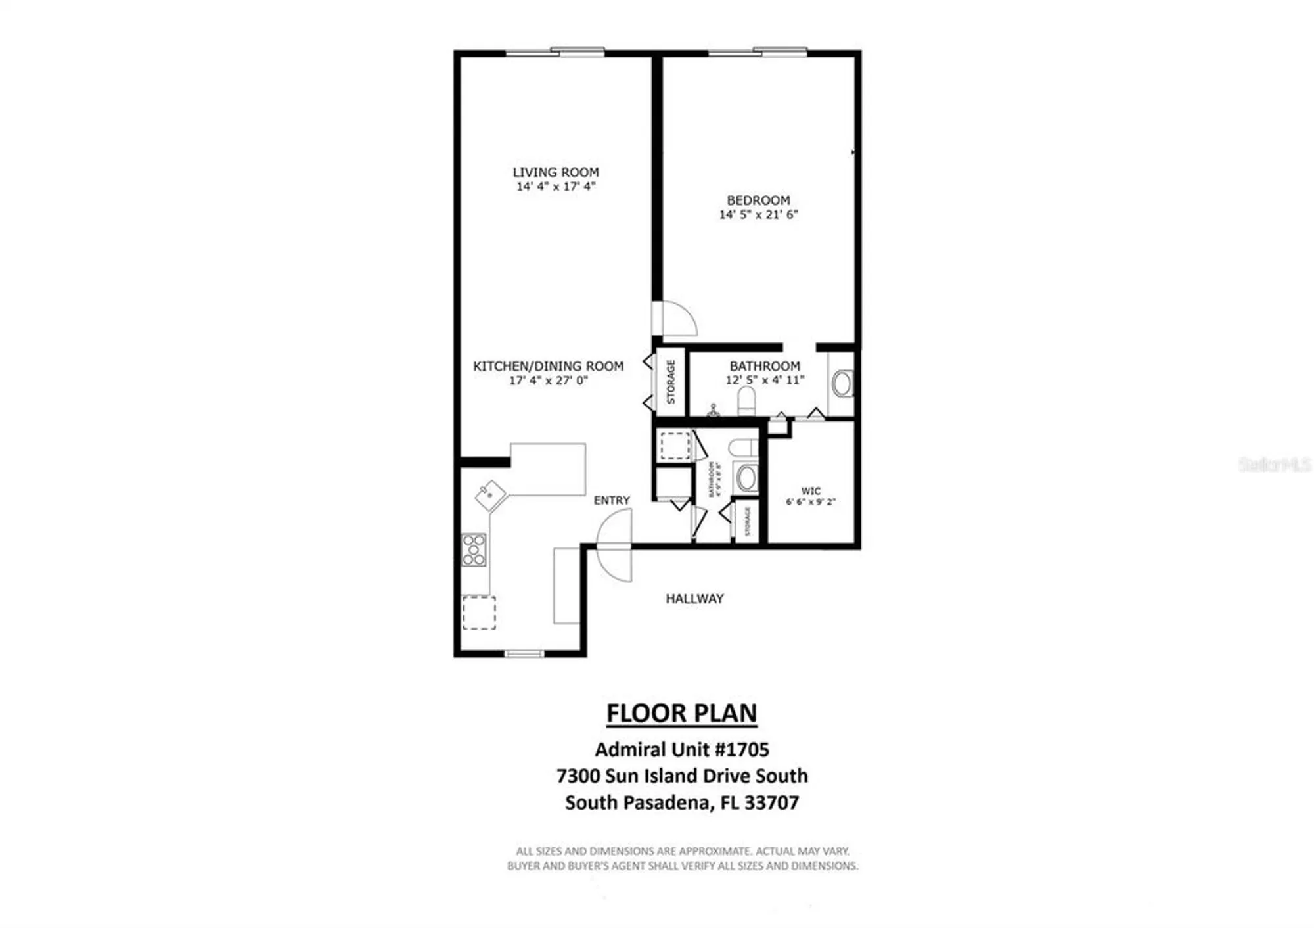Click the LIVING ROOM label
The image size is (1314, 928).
pos(555,172)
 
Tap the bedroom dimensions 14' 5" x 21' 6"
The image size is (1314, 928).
pos(758,214)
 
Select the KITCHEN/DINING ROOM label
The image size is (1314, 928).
pos(548,366)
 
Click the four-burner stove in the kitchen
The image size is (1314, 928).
pos(474,549)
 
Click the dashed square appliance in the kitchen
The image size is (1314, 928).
pos(479,613)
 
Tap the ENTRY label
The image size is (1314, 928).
pos(611,500)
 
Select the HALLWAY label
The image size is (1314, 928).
pos(694,599)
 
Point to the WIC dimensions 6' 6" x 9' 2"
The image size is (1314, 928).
pos(811,502)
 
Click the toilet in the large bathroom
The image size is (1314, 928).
pos(746,400)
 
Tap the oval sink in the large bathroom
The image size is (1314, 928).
pos(842,384)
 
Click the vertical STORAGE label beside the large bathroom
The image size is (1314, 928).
pos(671,382)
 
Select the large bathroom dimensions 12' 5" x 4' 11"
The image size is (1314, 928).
pos(765,380)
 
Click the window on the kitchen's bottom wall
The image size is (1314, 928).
pos(524,653)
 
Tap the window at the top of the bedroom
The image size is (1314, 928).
pos(758,52)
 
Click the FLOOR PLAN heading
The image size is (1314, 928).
pos(681,713)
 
